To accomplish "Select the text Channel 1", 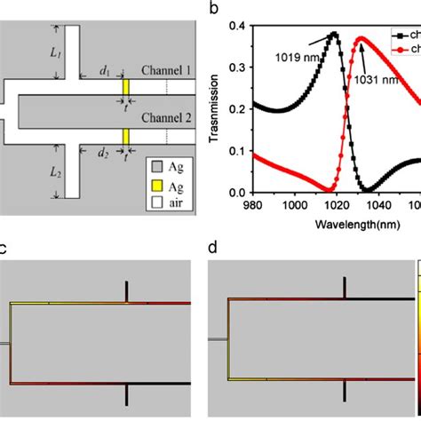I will pos(165,69).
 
